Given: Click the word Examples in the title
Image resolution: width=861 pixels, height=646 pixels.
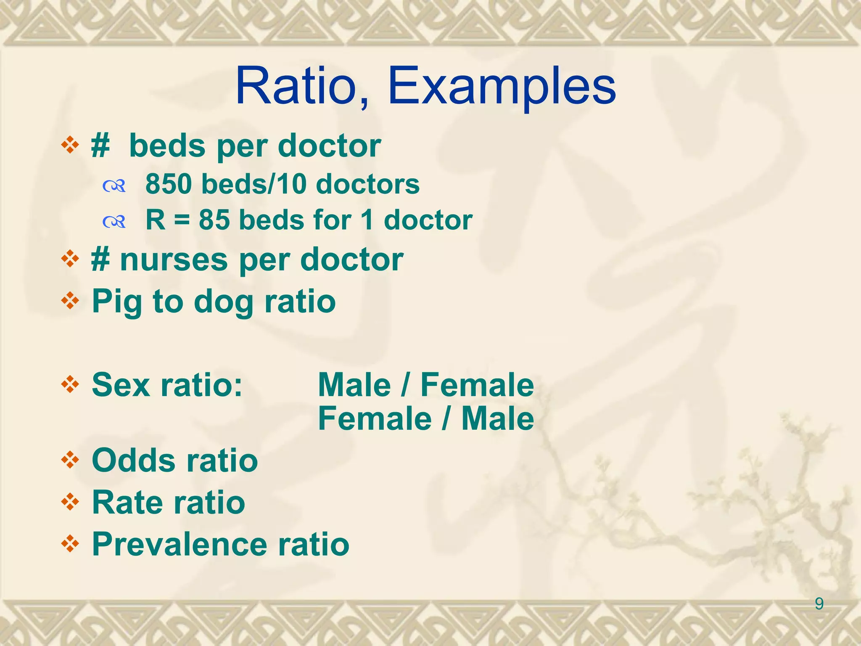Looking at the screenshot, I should pos(502,86).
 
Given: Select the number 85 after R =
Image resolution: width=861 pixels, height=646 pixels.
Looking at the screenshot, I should pos(214,220).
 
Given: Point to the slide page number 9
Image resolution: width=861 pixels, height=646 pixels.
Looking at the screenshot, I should pos(819,604).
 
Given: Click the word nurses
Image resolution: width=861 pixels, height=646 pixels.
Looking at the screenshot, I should pos(174,259).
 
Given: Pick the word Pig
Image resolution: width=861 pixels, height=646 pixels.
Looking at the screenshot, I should pos(117,302).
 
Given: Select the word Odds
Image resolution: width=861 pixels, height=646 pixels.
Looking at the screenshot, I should pos(133,460).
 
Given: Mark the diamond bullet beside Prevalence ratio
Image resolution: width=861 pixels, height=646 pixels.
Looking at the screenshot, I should pos(70,544).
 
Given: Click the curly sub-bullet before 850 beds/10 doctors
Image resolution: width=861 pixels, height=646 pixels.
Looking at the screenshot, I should pos(114,185).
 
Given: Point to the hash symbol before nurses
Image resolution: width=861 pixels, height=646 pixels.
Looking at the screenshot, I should pos(101,260).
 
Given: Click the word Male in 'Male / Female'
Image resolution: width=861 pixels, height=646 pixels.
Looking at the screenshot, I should pos(354,385).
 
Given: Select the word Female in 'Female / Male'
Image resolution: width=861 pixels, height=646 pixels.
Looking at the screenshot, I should pos(375,419).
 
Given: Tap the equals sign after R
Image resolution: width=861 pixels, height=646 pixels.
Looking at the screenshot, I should pos(182,221).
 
